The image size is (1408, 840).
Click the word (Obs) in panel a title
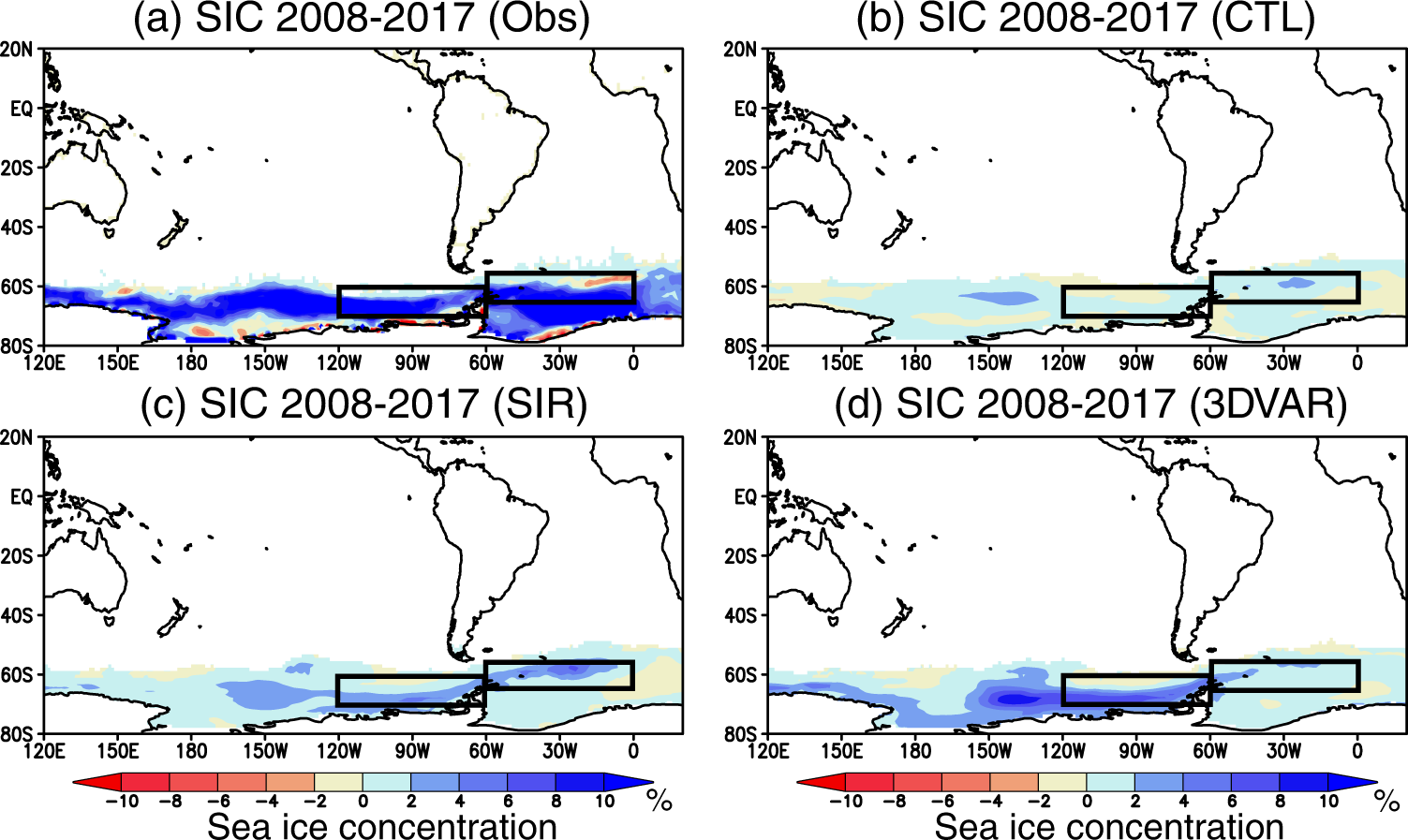pyautogui.click(x=539, y=18)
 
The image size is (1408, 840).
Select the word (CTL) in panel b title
pyautogui.click(x=1263, y=18)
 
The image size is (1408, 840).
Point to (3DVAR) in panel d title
pyautogui.click(x=1268, y=405)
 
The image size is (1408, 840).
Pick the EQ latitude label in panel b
pyautogui.click(x=745, y=109)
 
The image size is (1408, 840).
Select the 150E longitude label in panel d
pyautogui.click(x=841, y=750)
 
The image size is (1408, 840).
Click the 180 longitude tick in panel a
pyautogui.click(x=191, y=362)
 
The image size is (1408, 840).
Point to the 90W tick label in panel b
pyautogui.click(x=1136, y=362)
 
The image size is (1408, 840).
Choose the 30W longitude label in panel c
pyautogui.click(x=559, y=750)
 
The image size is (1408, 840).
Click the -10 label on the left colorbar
pyautogui.click(x=121, y=802)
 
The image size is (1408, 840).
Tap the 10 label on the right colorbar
pyautogui.click(x=1328, y=802)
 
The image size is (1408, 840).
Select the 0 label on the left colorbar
pyautogui.click(x=363, y=802)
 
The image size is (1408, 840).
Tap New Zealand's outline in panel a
pyautogui.click(x=174, y=229)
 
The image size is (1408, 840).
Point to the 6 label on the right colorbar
pyautogui.click(x=1232, y=802)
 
